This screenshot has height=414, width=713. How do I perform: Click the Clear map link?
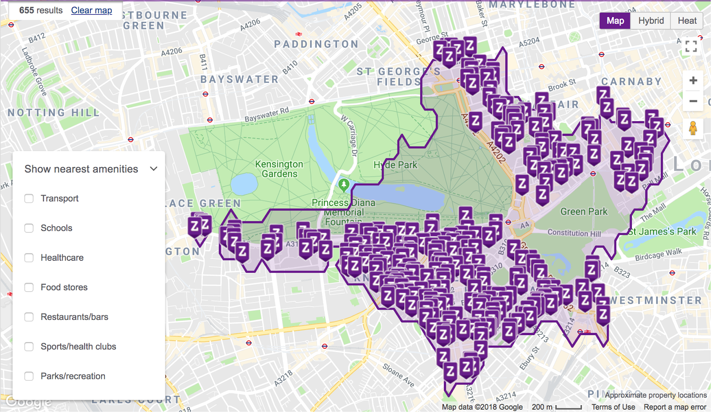tap(91, 10)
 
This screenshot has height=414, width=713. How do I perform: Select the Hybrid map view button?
tap(651, 20)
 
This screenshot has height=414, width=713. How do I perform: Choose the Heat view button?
tap(687, 20)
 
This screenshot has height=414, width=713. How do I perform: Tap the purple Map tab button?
tap(615, 20)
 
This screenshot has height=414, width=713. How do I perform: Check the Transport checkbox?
tap(29, 198)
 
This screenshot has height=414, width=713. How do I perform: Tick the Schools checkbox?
tap(29, 228)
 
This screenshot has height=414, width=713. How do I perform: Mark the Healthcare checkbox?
tap(29, 258)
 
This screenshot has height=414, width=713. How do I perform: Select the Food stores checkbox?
tap(29, 287)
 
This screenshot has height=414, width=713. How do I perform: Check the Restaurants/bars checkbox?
tap(29, 317)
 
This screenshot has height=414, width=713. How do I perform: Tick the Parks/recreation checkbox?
tap(29, 376)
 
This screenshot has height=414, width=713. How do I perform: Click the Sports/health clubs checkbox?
tap(29, 347)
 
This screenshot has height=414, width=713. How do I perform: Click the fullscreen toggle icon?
tap(691, 46)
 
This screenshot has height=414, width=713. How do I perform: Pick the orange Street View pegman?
tap(693, 128)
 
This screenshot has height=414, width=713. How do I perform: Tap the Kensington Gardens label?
tap(279, 169)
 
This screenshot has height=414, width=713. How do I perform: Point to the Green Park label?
tap(584, 211)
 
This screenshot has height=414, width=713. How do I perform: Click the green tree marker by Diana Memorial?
tap(344, 184)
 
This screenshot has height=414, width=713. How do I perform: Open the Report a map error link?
tap(675, 407)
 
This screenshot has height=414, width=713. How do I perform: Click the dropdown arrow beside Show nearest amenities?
tap(154, 169)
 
